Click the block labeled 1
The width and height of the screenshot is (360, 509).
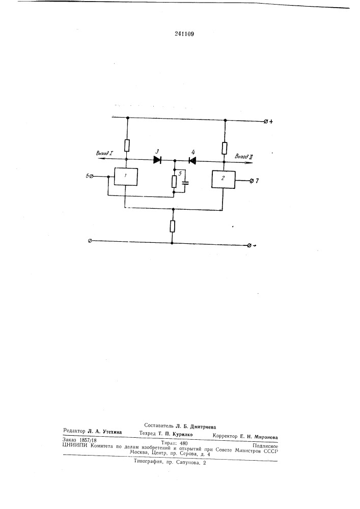[x=126, y=177]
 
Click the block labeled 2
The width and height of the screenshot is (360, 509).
[x=224, y=179]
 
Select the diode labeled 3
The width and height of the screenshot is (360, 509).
[x=157, y=160]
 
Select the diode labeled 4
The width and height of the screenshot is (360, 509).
[x=192, y=160]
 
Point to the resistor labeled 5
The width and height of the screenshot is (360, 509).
[x=174, y=182]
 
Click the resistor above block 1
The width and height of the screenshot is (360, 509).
[x=127, y=146]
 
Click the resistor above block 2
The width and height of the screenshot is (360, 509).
[x=225, y=148]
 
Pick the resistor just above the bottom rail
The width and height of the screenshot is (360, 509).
[x=173, y=226]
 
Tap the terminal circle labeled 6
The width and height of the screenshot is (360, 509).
[x=91, y=176]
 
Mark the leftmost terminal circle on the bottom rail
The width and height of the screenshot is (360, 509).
[x=91, y=241]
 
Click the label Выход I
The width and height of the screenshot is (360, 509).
[x=104, y=153]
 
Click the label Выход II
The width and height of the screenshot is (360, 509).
[x=244, y=156]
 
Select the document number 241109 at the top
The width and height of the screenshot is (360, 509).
[x=184, y=34]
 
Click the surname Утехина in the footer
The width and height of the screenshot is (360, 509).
[x=112, y=432]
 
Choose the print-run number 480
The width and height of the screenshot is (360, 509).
[x=183, y=443]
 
